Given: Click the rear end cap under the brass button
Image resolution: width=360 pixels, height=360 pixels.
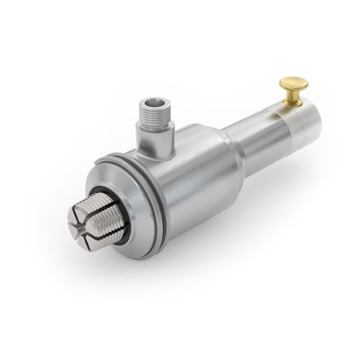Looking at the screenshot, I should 303,118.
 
